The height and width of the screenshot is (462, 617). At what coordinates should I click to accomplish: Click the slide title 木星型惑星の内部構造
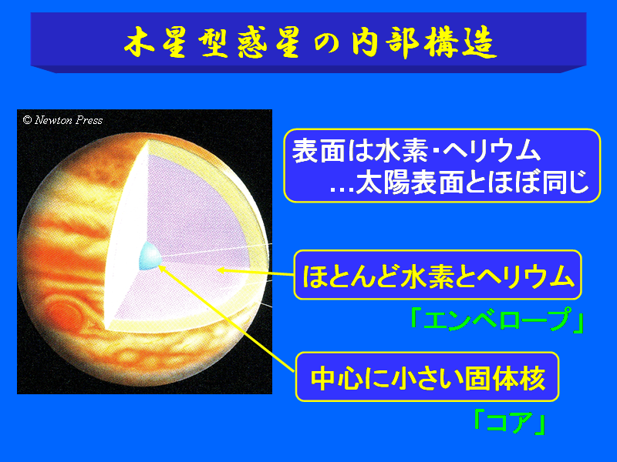[x=310, y=42]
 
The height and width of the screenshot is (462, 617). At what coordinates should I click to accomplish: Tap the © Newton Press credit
[x=62, y=120]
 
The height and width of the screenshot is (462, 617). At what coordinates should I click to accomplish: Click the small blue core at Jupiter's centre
[x=150, y=256]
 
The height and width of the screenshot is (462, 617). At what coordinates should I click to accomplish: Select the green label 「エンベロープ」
[x=497, y=320]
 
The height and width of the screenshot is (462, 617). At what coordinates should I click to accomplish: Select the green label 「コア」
[x=510, y=422]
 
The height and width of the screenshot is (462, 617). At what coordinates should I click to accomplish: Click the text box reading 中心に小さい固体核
[x=427, y=377]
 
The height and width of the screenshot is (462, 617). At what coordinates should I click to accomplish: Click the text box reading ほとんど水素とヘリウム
[x=437, y=275]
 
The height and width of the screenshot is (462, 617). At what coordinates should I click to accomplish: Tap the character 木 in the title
[x=139, y=42]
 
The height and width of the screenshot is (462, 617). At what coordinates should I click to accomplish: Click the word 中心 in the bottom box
[x=335, y=378]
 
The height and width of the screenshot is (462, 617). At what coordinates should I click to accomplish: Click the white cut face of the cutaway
[x=126, y=236]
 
